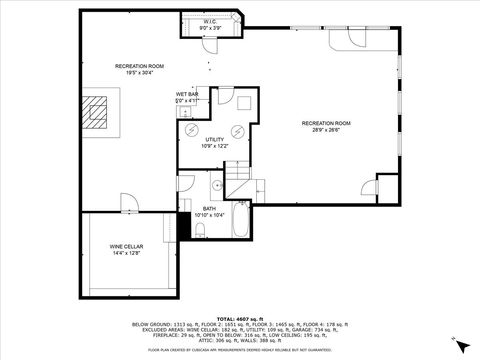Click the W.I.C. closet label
click(x=210, y=21)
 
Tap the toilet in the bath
click(x=200, y=230)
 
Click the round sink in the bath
click(x=217, y=186)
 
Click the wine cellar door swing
click(x=130, y=203)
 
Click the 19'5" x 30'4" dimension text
click(x=138, y=73)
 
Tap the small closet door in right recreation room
click(x=370, y=187)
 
